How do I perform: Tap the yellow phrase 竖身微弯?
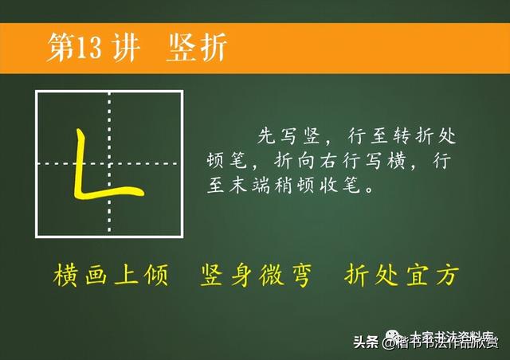pyautogui.click(x=257, y=275)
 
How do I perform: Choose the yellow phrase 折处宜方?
pyautogui.click(x=402, y=275)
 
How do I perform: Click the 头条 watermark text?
pyautogui.click(x=365, y=342)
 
